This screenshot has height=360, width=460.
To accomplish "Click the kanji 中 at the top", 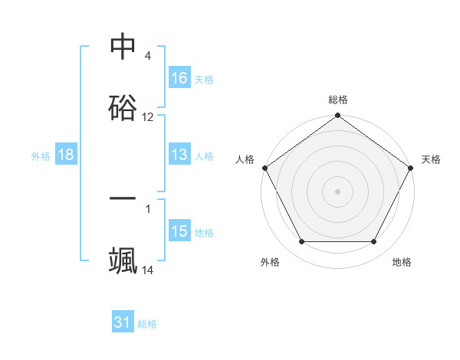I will click(x=123, y=47).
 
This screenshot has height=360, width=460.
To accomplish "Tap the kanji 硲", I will click(x=123, y=107).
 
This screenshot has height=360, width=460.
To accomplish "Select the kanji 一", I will click(x=123, y=198).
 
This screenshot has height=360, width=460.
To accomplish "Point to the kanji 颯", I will click(x=123, y=260).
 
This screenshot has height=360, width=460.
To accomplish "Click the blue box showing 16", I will click(x=179, y=77).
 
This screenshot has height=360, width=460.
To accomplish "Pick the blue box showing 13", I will click(x=179, y=155).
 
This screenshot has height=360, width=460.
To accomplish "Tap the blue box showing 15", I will click(x=179, y=232).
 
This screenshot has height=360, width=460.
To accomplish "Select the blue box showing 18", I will click(x=66, y=155).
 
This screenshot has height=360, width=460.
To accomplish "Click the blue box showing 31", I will click(x=123, y=323).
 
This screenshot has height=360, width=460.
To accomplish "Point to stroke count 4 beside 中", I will click(x=147, y=57).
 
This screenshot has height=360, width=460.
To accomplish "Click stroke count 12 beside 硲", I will click(x=148, y=117).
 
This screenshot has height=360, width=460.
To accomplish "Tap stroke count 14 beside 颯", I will click(x=148, y=270).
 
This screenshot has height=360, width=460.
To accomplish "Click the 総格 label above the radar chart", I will click(x=338, y=100).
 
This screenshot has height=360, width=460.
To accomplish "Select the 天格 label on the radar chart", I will click(x=432, y=159).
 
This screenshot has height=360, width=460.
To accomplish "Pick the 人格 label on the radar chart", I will click(x=245, y=159).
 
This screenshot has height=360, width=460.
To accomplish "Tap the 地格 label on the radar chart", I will click(x=402, y=262).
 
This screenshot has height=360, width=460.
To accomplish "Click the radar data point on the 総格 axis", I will click(x=338, y=116).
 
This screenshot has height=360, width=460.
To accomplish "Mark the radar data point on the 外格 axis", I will click(x=301, y=242).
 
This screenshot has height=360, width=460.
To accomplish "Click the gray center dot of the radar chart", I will click(x=338, y=191).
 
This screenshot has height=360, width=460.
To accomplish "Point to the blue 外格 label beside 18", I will click(x=41, y=156).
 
